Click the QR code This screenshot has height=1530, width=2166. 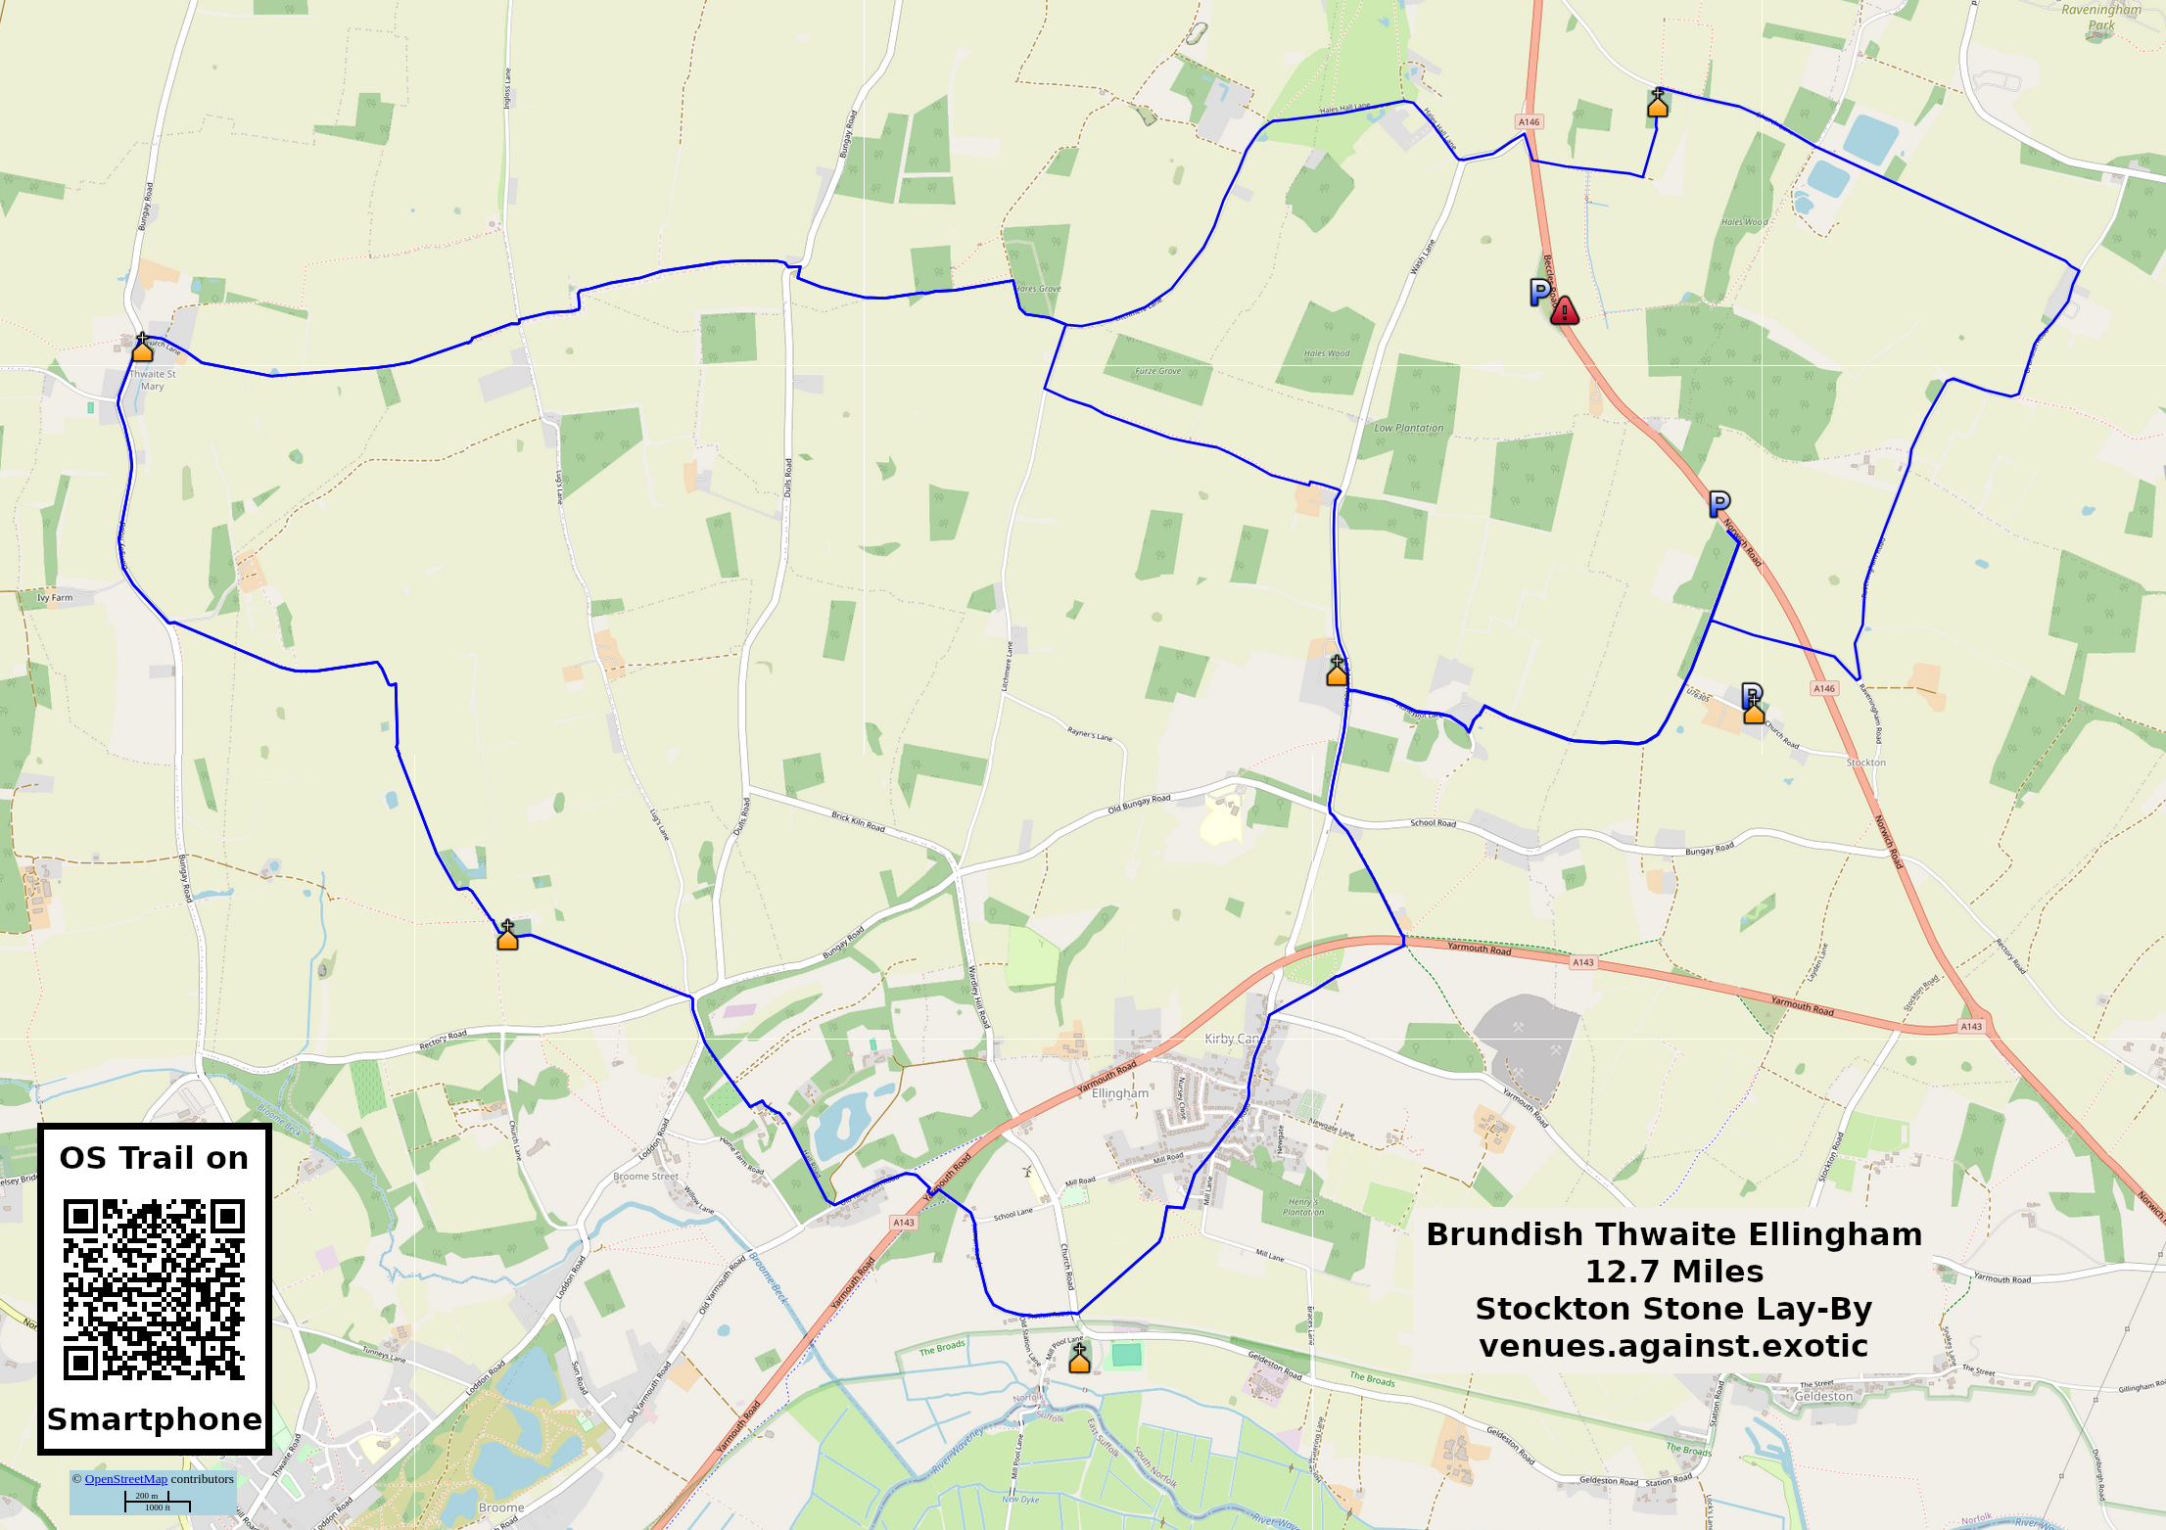click(154, 1289)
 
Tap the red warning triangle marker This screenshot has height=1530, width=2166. click(1564, 311)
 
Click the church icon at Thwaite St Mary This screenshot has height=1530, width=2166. click(143, 348)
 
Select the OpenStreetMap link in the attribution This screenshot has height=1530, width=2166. click(125, 1478)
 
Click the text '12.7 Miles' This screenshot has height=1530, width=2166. click(1673, 1271)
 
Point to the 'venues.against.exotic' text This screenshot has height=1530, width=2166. click(1673, 1346)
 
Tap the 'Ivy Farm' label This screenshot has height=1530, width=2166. click(55, 597)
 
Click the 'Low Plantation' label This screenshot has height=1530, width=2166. click(1408, 428)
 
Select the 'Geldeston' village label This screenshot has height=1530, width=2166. click(1823, 1396)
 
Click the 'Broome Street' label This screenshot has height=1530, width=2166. click(645, 1177)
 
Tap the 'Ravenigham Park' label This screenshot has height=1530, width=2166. click(2101, 17)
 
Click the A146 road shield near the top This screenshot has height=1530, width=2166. click(1529, 122)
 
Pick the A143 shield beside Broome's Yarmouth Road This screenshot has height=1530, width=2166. click(903, 1223)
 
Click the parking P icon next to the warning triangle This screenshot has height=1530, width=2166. click(1539, 291)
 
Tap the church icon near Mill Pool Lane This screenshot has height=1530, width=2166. click(1079, 1358)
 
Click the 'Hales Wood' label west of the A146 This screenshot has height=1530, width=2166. click(1326, 353)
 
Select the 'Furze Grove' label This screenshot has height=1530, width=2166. click(1157, 371)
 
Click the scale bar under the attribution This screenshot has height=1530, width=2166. click(157, 1502)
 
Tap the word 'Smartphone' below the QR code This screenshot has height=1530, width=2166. click(154, 1419)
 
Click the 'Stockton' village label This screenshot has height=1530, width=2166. click(1865, 762)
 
